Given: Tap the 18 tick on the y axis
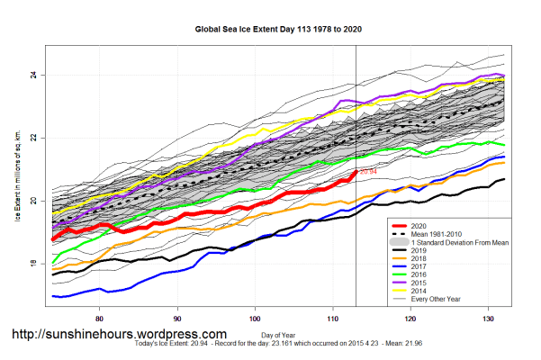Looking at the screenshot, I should (32, 264).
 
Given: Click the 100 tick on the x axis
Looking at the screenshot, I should (256, 318).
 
